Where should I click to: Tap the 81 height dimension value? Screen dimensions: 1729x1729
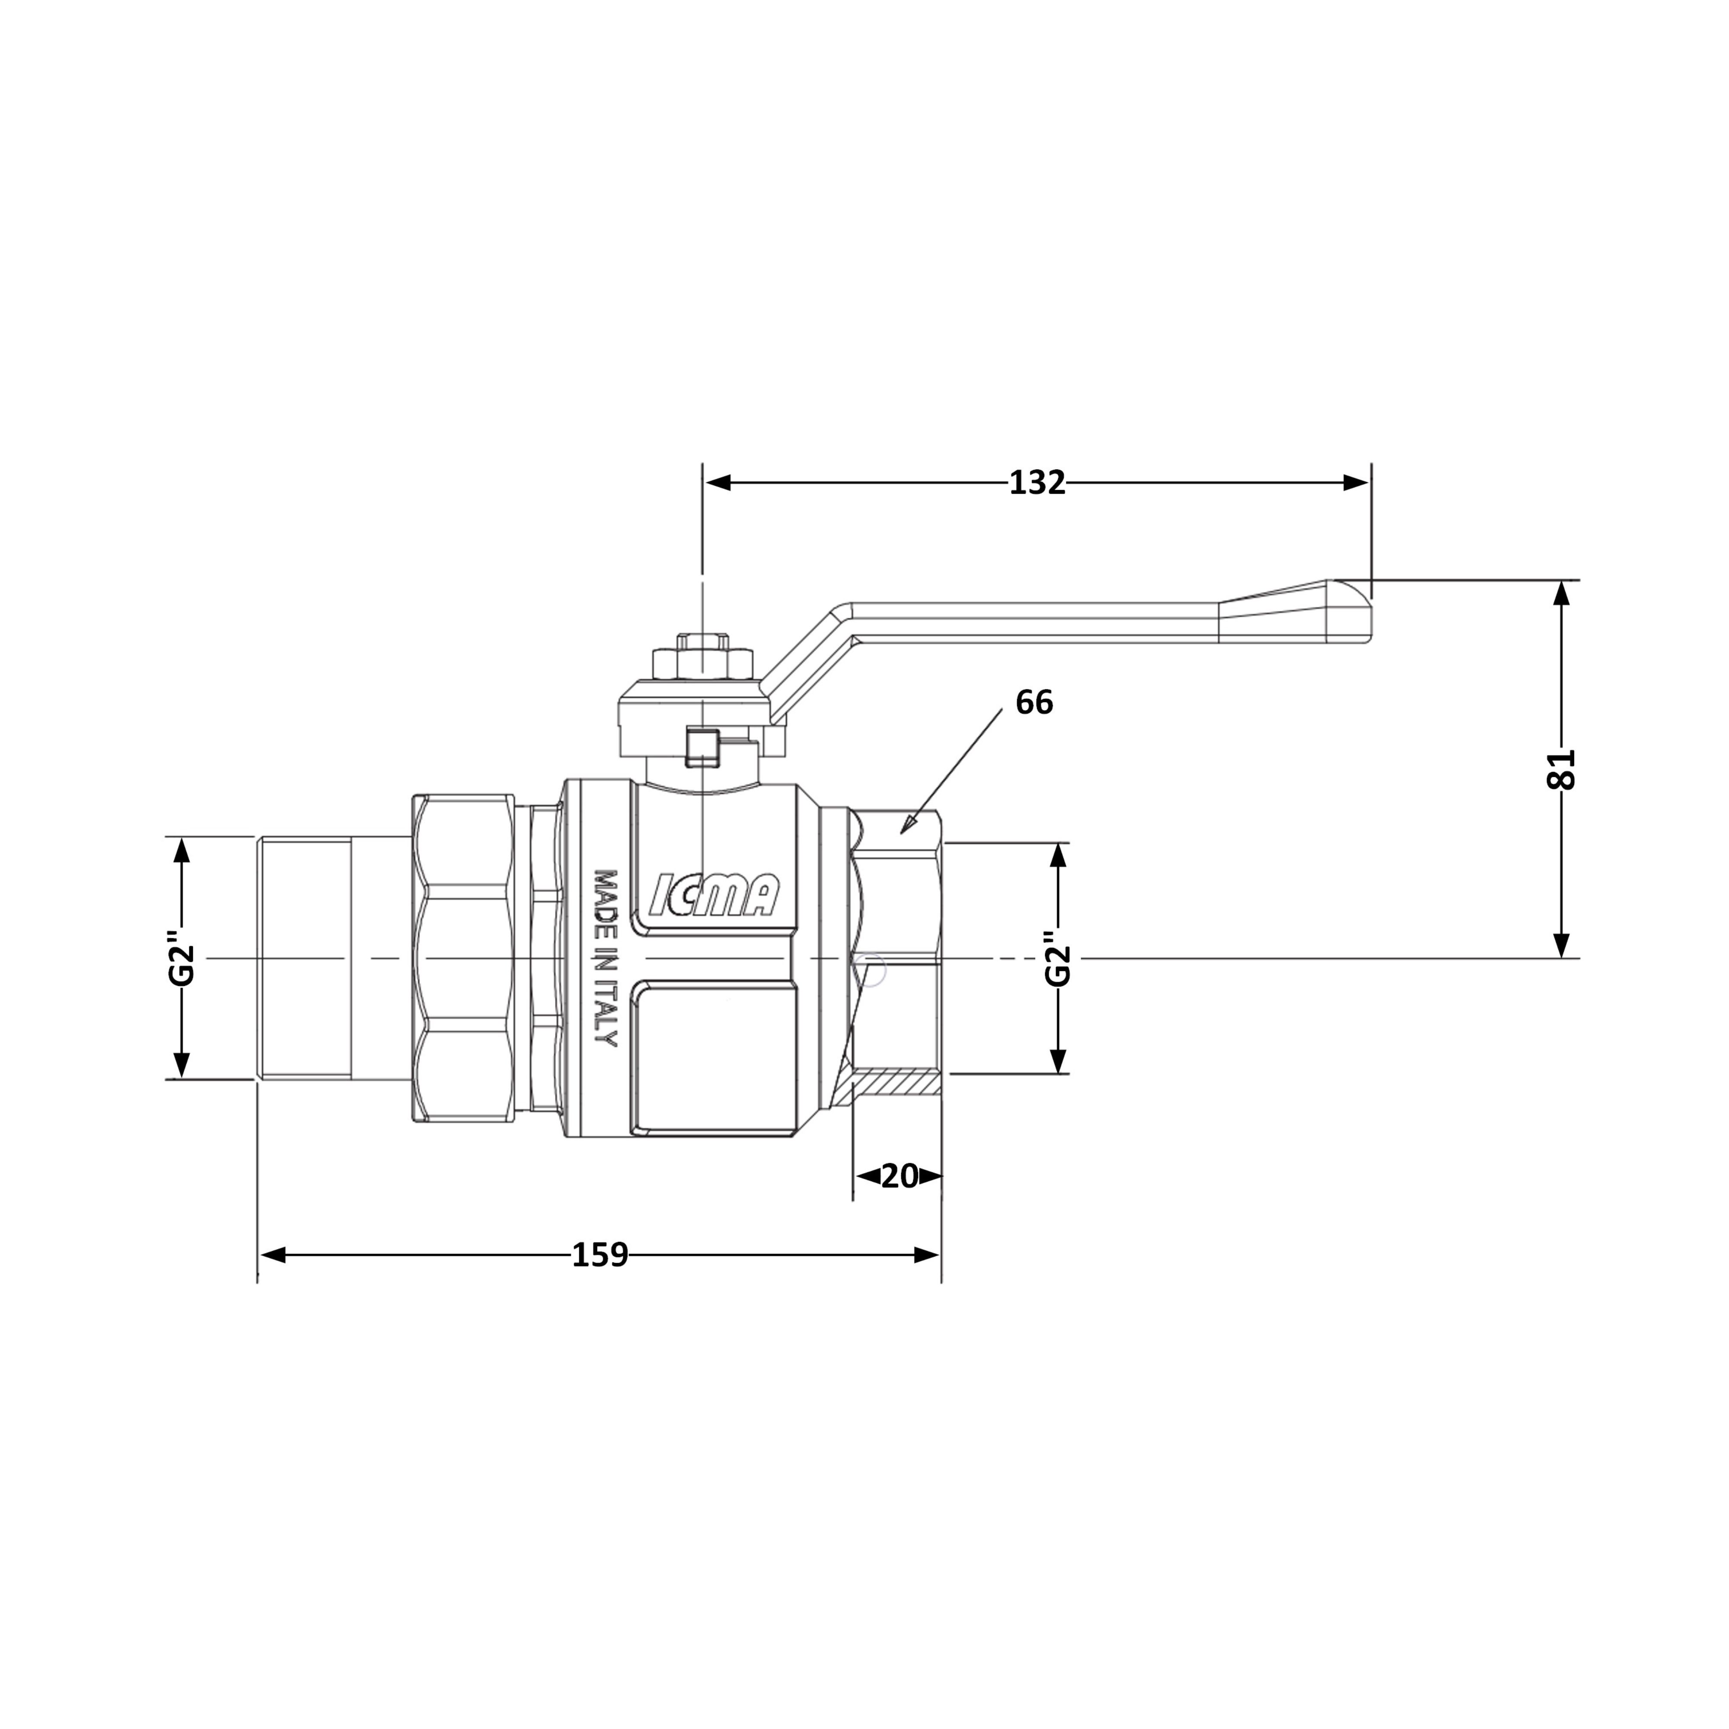[x=1560, y=768]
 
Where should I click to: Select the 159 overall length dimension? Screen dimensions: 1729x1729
[x=600, y=1256]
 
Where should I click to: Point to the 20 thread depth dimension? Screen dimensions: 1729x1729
[x=900, y=1176]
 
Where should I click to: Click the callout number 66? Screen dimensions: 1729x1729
[x=1034, y=702]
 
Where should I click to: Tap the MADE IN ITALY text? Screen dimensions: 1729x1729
[x=607, y=957]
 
